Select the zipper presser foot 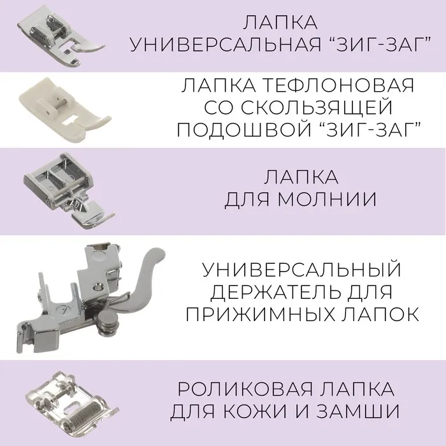tap(68, 191)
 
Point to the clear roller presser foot tap(71, 406)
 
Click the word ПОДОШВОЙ tap(245, 129)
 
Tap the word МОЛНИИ tap(327, 199)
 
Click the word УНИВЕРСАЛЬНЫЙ tap(301, 270)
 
